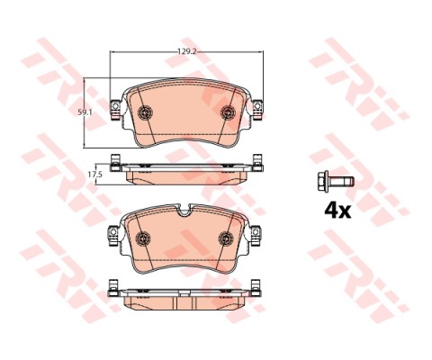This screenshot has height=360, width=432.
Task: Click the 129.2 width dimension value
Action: pos(186,53)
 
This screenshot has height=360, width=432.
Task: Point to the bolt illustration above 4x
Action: pos(334,180)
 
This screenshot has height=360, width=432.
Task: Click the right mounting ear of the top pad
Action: pos(258,112)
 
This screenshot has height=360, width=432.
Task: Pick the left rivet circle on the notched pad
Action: pos(143,237)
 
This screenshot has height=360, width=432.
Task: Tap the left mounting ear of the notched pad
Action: pos(113,237)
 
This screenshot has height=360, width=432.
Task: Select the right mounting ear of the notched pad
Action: pos(258,237)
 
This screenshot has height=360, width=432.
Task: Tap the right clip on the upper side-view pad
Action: pos(260,163)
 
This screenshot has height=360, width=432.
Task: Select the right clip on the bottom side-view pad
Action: pos(260,288)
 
